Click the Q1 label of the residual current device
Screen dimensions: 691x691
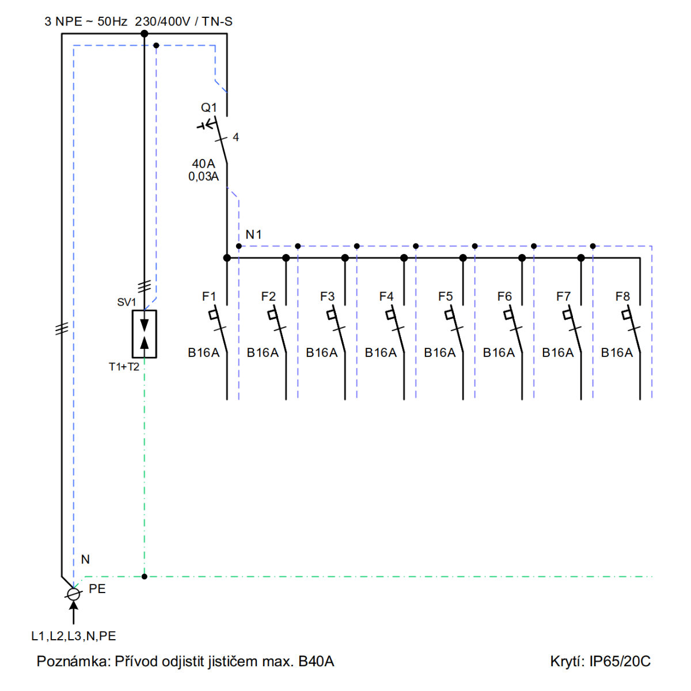208,107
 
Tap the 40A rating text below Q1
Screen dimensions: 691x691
203,164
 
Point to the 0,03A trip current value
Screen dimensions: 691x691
203,176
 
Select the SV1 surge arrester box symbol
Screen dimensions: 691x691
144,334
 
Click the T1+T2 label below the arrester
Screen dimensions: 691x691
124,367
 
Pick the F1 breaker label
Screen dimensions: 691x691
208,296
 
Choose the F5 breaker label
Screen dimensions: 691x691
445,296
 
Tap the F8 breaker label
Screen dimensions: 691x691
622,296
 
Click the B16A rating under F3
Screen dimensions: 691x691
321,352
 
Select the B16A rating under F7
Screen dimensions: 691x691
557,352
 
